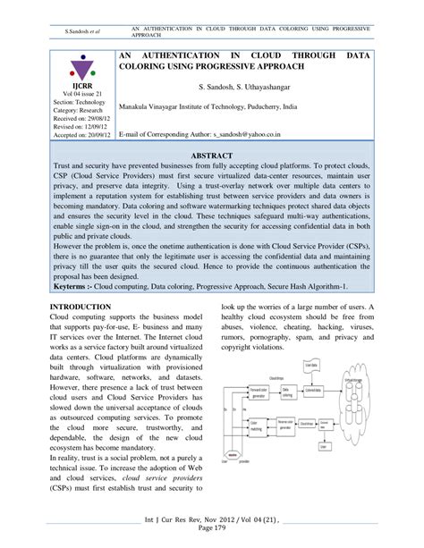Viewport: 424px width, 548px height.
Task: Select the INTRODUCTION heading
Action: tap(81, 307)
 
